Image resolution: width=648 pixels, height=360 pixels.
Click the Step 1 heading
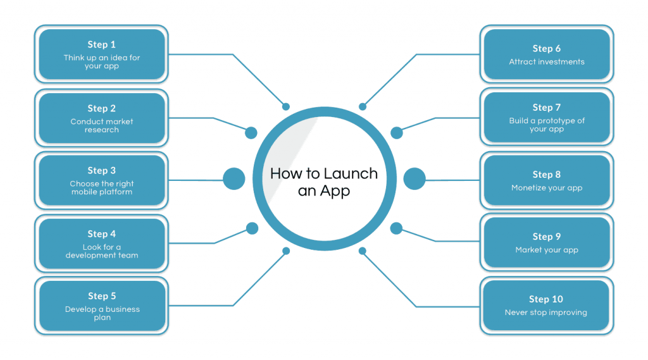102,45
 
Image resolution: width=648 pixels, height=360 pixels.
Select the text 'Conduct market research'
102,126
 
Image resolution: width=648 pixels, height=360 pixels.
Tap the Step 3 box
102,180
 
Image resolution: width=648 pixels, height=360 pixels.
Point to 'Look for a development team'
102,251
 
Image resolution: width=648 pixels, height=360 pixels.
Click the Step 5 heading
102,296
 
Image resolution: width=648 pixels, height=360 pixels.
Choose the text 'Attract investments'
547,61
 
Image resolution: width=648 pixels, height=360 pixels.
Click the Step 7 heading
547,108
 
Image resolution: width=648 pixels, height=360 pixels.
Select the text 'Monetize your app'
547,188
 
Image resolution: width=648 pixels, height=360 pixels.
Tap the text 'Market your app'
547,250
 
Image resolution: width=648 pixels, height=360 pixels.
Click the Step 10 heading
546,299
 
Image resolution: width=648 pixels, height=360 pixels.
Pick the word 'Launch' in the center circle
350,173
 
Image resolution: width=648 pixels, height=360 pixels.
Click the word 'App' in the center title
335,191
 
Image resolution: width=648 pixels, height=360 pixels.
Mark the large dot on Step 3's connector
234,178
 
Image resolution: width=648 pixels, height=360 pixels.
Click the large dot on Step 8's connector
414,178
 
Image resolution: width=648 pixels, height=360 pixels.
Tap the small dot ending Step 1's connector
286,107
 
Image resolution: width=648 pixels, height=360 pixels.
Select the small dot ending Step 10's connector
363,251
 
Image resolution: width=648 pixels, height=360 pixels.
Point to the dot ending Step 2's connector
251,133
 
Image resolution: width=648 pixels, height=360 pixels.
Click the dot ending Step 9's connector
396,228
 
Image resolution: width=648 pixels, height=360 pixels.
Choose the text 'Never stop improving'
546,313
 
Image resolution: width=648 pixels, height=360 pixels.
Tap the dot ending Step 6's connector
363,107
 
